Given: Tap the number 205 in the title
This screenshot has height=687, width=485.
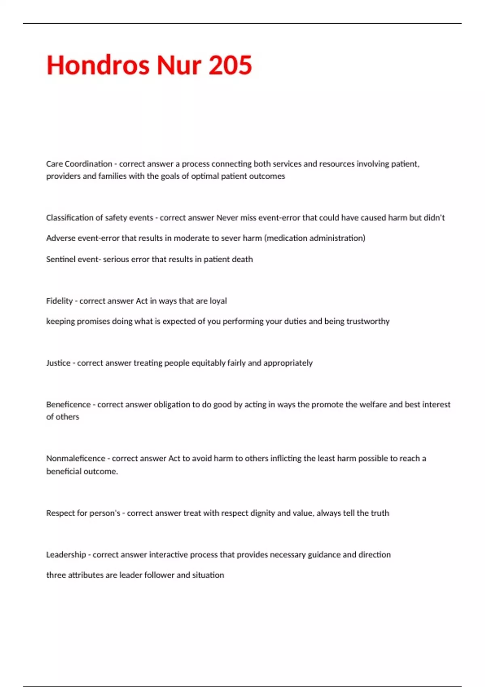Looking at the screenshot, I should click(x=230, y=65).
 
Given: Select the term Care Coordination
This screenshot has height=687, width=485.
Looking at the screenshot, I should click(x=79, y=164).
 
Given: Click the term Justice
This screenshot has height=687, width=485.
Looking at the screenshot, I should click(x=58, y=363).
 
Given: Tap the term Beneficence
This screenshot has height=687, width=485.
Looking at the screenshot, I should click(x=68, y=405).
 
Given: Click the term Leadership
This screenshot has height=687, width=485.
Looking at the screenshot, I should click(x=66, y=554).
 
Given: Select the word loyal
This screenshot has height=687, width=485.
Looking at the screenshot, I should click(x=218, y=301).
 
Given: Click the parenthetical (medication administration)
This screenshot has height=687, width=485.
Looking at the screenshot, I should click(x=314, y=238).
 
